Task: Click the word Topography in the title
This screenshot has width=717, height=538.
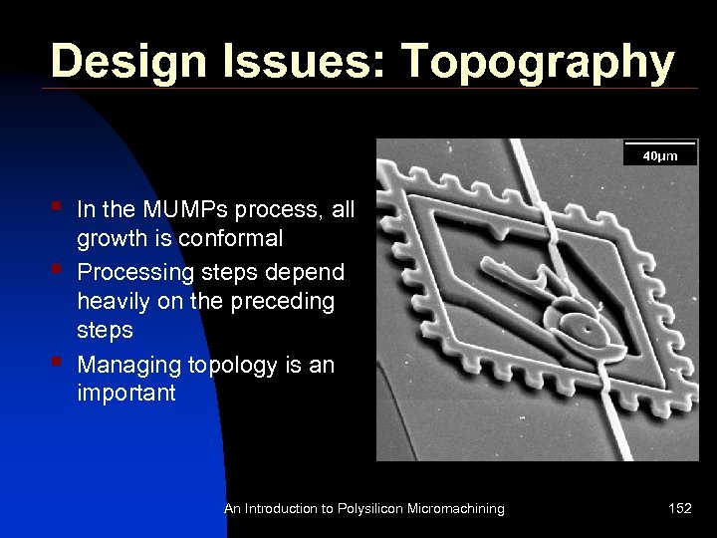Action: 539,62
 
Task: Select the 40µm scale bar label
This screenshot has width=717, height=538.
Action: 659,155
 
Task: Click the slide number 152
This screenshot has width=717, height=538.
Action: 680,509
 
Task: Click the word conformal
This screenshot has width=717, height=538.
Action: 231,239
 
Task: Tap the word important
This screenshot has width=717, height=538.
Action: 125,393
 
